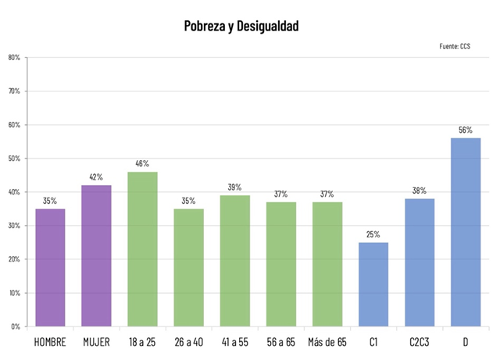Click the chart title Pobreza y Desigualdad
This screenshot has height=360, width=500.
click(241, 26)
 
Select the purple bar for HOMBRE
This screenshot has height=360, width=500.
click(50, 267)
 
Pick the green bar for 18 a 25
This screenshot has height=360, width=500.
click(142, 248)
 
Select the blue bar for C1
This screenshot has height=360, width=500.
click(373, 284)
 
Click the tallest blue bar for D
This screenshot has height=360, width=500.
click(466, 232)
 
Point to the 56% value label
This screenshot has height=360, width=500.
click(466, 130)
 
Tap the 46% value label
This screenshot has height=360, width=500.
click(142, 164)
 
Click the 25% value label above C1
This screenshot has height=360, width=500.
click(373, 234)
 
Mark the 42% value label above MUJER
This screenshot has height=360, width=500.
click(96, 177)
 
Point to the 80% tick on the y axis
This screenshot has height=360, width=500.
click(14, 57)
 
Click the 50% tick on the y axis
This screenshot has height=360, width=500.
click(14, 159)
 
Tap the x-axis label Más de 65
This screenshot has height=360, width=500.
click(327, 343)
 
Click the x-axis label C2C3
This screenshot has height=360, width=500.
click(420, 343)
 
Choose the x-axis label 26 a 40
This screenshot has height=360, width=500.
click(188, 343)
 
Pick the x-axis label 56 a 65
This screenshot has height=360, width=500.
click(280, 343)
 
